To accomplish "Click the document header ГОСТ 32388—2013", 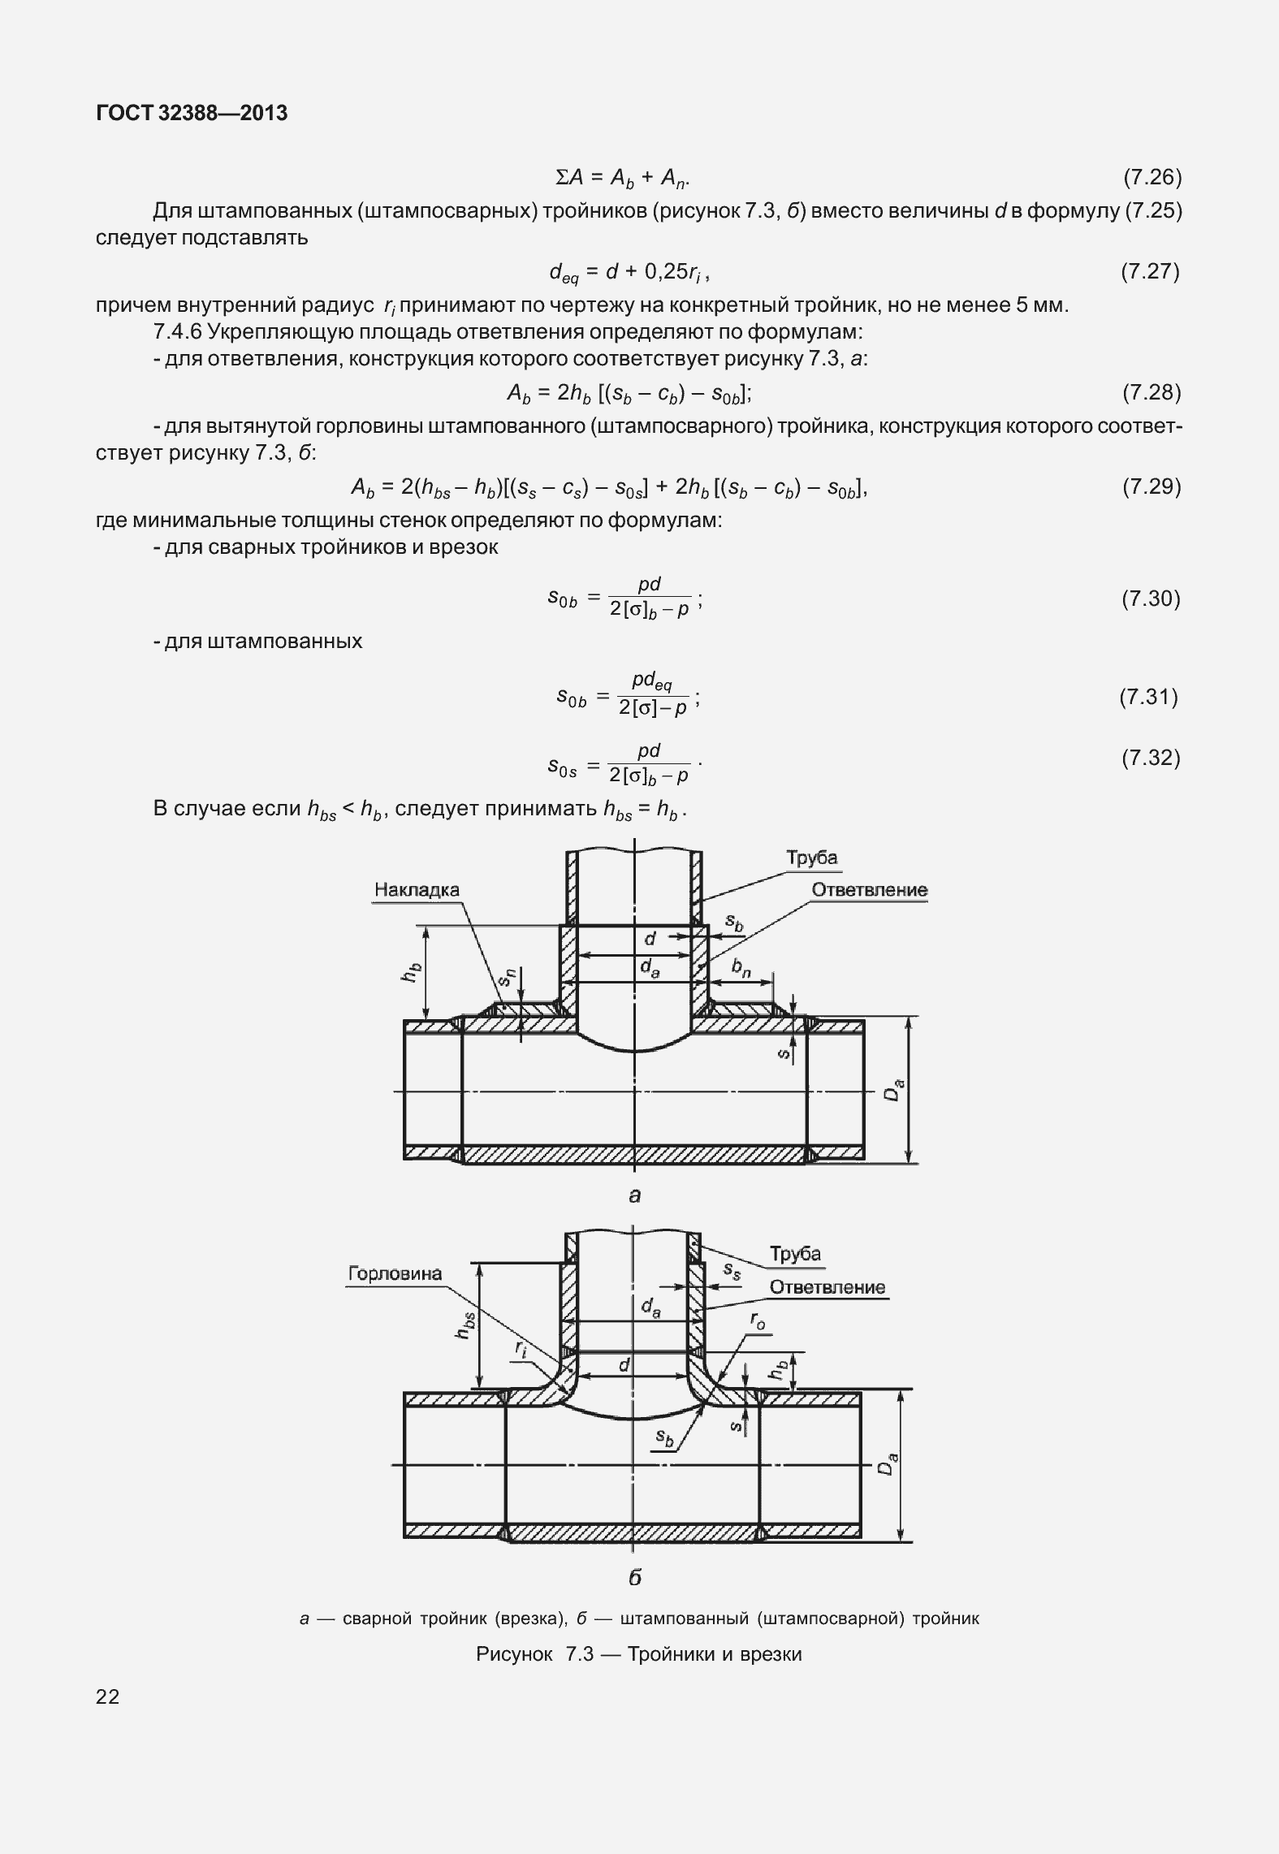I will click(x=192, y=114).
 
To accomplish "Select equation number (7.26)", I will click(x=1151, y=177).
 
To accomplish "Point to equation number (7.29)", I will click(x=1151, y=486).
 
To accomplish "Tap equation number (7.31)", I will click(x=1148, y=696).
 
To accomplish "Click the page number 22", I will click(x=107, y=1696).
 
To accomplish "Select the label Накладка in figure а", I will click(x=417, y=889).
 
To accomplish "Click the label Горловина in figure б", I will click(x=395, y=1273).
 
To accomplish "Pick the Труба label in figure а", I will click(x=811, y=858).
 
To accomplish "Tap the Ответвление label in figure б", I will click(x=827, y=1287).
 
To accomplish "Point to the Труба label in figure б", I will click(x=795, y=1253).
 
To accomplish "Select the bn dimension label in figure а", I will click(x=741, y=966).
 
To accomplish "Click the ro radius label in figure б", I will click(x=757, y=1323).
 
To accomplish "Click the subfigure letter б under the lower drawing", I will click(x=635, y=1577).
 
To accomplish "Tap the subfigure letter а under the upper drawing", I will click(x=635, y=1195).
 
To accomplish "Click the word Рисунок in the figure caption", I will click(x=514, y=1654).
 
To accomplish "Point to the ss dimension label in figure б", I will click(x=732, y=1272).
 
